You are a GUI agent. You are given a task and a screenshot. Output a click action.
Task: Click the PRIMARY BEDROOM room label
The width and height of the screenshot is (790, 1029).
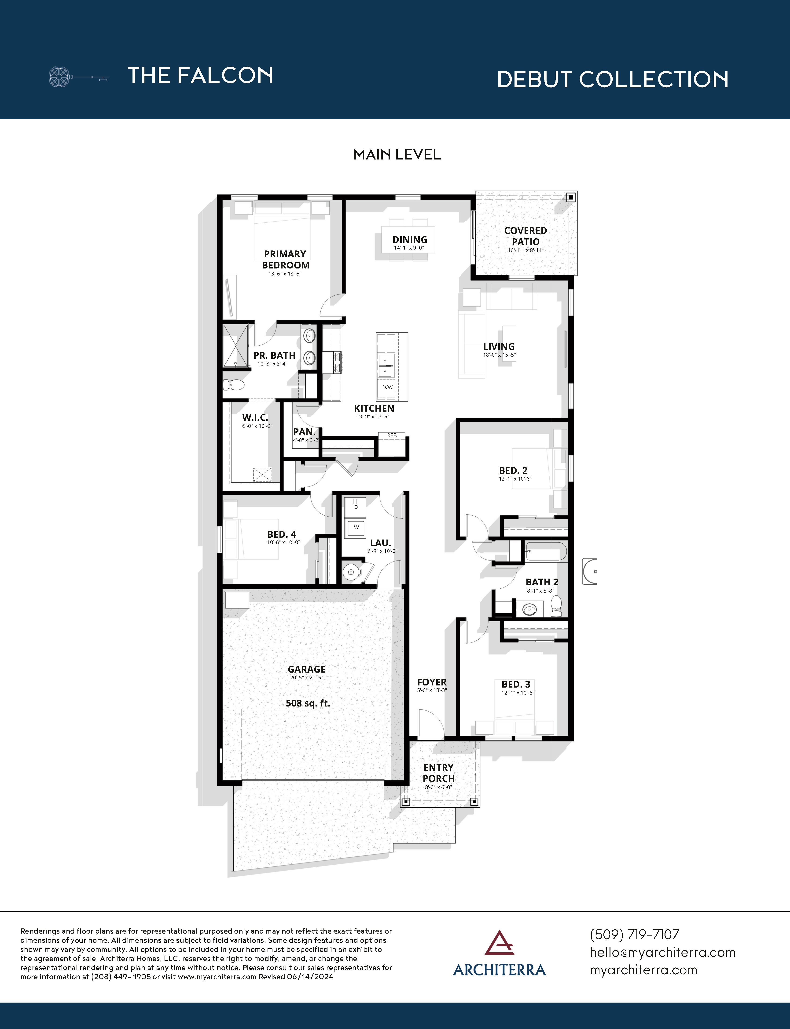(285, 259)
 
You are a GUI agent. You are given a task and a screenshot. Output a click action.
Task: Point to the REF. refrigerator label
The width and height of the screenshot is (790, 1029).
(392, 435)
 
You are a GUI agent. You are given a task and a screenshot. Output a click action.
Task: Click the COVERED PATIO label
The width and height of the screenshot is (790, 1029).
(525, 236)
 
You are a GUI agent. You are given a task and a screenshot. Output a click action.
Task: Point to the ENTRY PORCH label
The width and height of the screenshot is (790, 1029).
(438, 773)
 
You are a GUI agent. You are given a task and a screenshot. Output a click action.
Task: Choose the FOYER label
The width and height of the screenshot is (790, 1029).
(432, 682)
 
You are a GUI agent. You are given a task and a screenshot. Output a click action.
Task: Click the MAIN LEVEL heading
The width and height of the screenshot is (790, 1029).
(397, 155)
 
